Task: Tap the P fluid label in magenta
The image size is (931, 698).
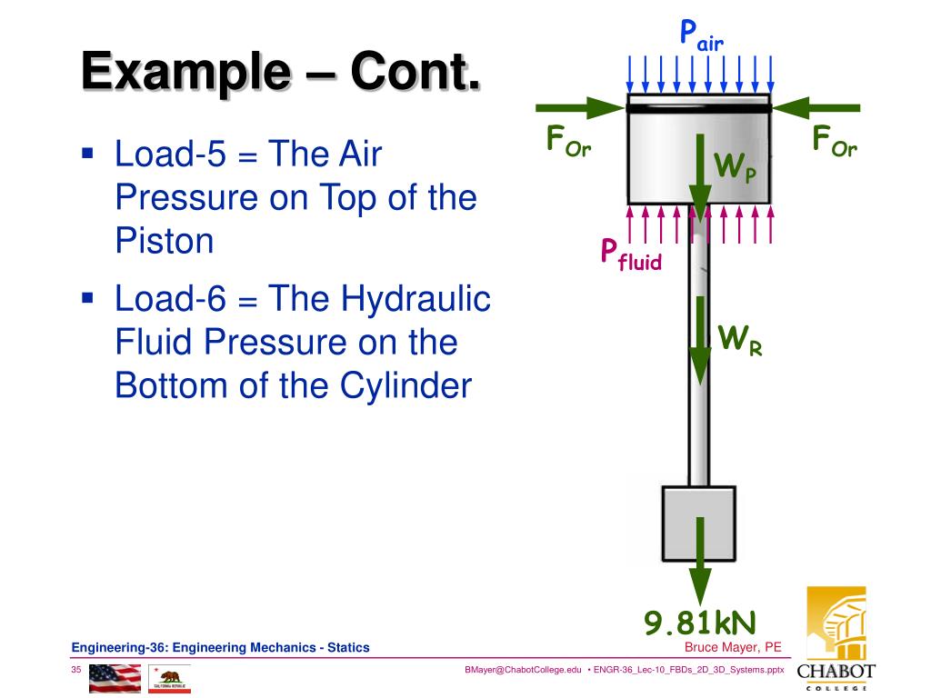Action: click(630, 254)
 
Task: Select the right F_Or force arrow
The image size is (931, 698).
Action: click(807, 108)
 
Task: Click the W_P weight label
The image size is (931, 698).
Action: click(735, 167)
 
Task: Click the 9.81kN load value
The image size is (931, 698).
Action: click(700, 623)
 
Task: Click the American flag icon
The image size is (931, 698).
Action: click(115, 677)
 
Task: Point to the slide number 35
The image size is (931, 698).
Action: click(76, 670)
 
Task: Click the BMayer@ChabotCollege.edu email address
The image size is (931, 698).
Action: click(522, 670)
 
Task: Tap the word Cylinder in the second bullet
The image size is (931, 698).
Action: click(405, 385)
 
